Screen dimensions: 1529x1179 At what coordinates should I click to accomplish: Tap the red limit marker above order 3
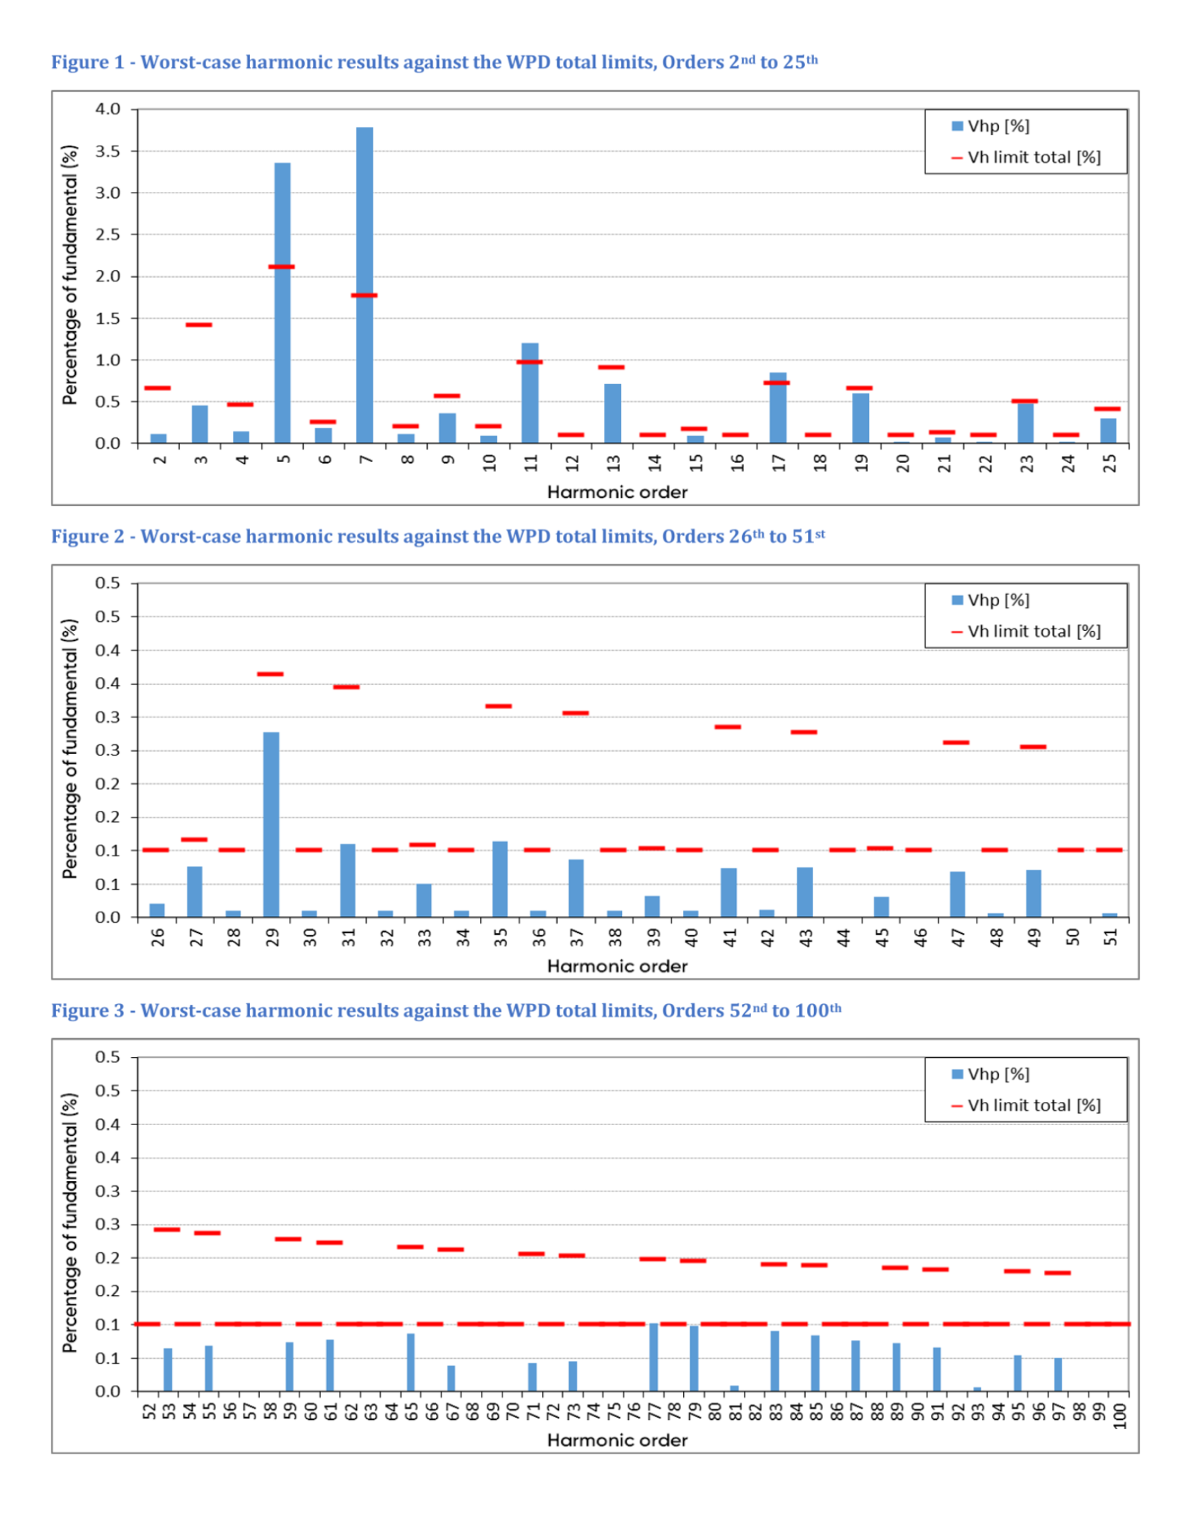(199, 325)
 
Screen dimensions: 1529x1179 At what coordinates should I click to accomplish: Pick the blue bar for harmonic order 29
(271, 825)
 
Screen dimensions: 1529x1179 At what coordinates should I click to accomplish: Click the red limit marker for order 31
(346, 687)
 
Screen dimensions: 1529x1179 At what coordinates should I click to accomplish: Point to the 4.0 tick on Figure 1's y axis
(108, 109)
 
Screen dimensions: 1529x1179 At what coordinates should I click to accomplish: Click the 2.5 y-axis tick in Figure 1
(108, 234)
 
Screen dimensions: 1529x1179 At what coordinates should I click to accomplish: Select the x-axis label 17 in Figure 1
(779, 464)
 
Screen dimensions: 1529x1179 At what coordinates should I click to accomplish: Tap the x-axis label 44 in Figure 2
(844, 938)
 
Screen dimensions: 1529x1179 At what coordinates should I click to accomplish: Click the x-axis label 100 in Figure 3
(1119, 1416)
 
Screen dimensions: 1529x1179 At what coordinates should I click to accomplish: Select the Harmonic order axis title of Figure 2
(617, 966)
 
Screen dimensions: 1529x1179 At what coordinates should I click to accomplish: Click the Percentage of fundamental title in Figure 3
(70, 1223)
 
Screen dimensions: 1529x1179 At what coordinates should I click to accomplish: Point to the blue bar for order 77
(653, 1357)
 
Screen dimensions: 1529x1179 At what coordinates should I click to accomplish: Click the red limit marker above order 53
(167, 1230)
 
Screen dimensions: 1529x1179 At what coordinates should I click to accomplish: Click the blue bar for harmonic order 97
(1058, 1374)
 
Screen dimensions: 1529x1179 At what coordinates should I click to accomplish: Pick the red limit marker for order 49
(1033, 747)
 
